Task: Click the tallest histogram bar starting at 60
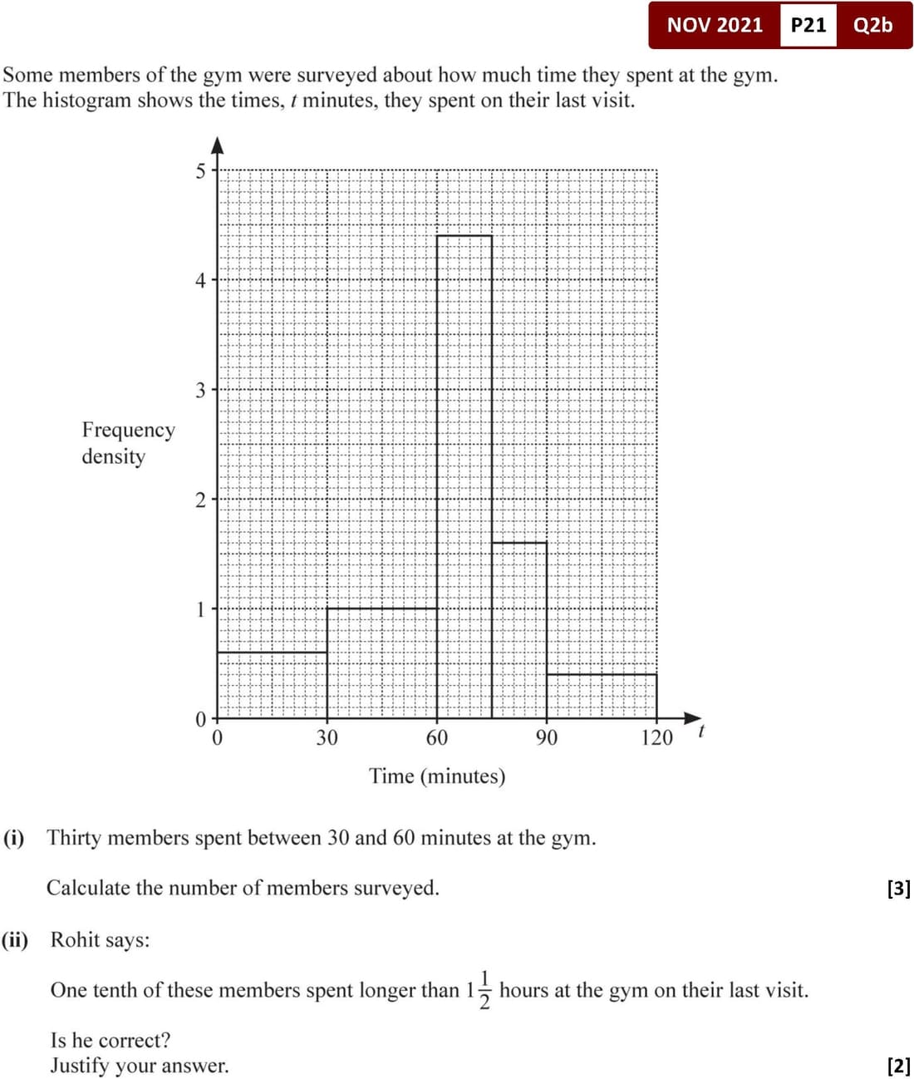(x=464, y=476)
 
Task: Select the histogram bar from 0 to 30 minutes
(x=272, y=685)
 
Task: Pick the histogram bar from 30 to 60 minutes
(x=381, y=663)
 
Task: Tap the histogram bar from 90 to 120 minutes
(x=602, y=696)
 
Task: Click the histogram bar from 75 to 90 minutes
(x=519, y=629)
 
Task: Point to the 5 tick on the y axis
(x=200, y=171)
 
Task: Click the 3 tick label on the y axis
(x=200, y=390)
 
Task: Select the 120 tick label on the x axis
(x=656, y=737)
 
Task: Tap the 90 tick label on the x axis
(x=547, y=737)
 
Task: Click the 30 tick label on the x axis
(x=327, y=737)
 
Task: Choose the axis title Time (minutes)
(x=437, y=776)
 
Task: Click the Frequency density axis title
(x=128, y=442)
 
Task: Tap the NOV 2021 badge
(x=715, y=25)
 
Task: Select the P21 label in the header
(x=808, y=25)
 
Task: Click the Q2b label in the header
(x=872, y=25)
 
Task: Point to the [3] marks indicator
(x=898, y=888)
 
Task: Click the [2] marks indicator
(x=898, y=1065)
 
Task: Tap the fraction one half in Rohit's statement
(x=485, y=989)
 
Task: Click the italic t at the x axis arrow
(x=702, y=732)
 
